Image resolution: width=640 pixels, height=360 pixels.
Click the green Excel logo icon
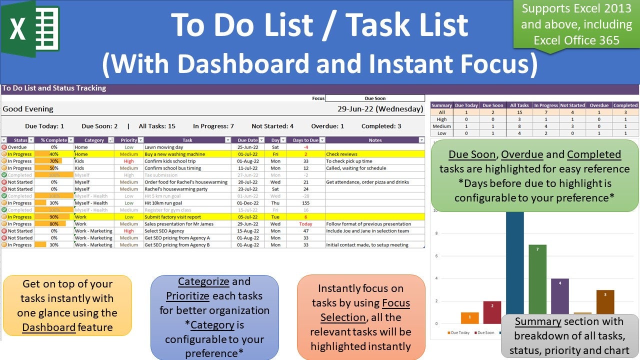(x=30, y=29)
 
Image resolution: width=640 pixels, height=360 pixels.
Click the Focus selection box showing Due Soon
(x=374, y=98)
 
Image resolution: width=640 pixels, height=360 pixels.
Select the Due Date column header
(x=248, y=140)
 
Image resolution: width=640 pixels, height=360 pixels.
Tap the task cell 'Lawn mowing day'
(x=164, y=147)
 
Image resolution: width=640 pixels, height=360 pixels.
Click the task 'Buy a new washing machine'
(x=174, y=154)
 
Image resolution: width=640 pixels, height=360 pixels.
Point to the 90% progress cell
(x=54, y=217)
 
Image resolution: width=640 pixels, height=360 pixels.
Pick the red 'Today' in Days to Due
(x=305, y=224)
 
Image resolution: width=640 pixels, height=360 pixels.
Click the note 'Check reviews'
(x=342, y=154)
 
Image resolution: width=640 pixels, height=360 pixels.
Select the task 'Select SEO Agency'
(x=164, y=231)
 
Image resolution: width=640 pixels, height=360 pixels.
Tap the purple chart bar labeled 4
(x=559, y=296)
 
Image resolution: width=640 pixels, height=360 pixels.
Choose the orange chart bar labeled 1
(x=469, y=318)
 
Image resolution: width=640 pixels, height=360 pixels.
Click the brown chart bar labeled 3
(x=605, y=302)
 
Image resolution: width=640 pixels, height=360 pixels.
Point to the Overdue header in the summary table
(x=599, y=105)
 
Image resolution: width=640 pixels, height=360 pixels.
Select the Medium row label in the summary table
(x=441, y=126)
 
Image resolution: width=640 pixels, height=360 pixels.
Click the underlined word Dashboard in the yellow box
(x=49, y=327)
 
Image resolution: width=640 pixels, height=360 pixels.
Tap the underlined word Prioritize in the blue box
(x=187, y=295)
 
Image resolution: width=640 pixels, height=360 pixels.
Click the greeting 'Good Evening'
(x=28, y=109)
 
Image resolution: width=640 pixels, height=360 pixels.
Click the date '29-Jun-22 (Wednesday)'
(x=380, y=109)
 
